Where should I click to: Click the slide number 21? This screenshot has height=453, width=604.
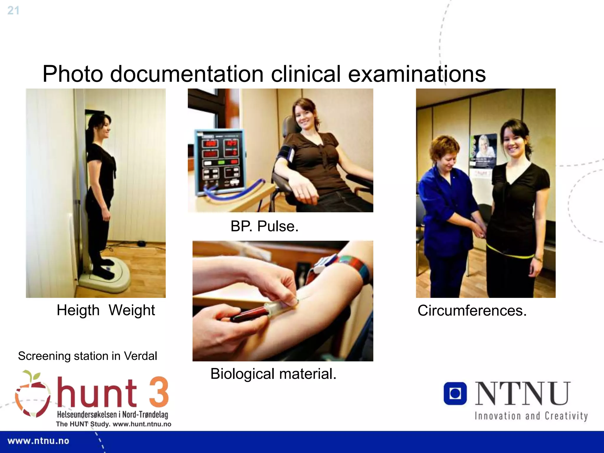13,11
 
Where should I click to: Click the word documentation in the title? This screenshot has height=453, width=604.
187,74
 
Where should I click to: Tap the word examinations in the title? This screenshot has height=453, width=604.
417,74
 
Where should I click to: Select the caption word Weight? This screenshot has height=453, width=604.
132,310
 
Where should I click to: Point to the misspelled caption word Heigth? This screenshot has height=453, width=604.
78,310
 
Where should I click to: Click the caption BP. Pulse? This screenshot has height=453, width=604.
264,226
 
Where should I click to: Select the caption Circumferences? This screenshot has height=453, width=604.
472,311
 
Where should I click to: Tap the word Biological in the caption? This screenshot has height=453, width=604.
242,374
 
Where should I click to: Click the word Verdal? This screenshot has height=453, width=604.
140,356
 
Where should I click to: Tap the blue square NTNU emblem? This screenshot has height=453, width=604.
455,393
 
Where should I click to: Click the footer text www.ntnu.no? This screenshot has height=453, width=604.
38,441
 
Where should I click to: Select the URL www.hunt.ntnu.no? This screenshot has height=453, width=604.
142,424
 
